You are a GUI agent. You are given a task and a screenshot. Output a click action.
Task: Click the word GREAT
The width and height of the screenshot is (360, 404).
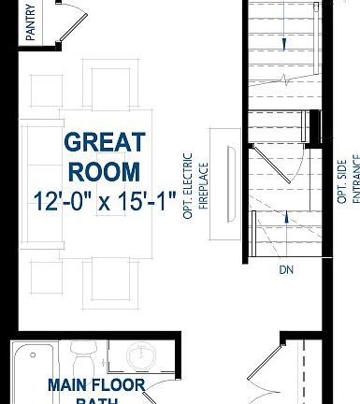(105, 143)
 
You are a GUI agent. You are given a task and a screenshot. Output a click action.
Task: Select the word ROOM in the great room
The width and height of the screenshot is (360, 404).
(105, 172)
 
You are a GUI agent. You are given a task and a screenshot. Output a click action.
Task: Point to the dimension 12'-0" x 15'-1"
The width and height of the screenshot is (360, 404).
(105, 201)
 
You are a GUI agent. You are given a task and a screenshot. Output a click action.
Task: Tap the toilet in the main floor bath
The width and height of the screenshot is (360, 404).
(82, 358)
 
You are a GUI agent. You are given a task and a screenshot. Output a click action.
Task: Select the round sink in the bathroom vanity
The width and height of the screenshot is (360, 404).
(139, 359)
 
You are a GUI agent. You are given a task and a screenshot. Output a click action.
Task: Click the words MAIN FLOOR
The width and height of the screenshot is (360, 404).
(96, 385)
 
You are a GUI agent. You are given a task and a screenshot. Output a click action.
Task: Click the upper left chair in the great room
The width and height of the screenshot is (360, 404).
(46, 89)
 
